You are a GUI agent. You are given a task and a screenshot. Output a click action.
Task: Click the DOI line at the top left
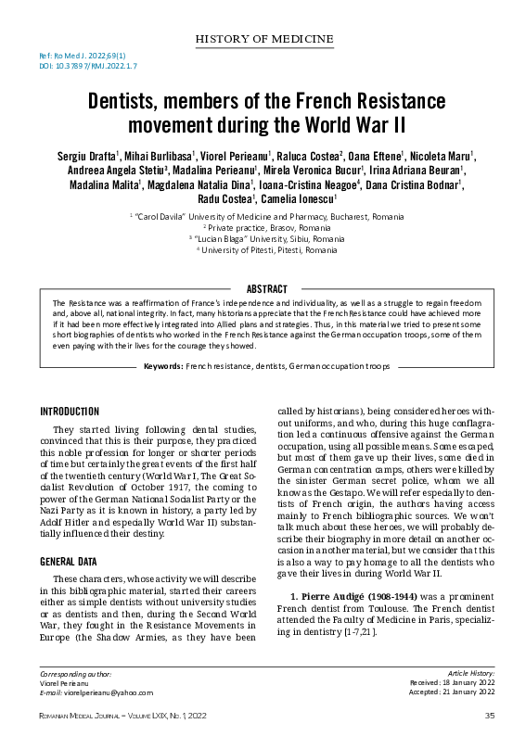[x=88, y=67]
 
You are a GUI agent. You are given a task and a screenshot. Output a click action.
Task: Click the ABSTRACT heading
[x=265, y=289]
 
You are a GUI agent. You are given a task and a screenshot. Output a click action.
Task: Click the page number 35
[x=489, y=715]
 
